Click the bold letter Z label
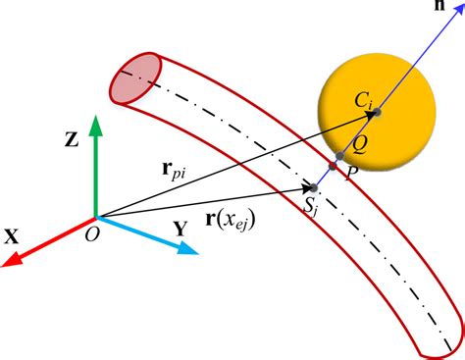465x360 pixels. click(x=72, y=140)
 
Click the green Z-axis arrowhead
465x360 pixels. click(x=94, y=125)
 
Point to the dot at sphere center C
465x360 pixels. click(x=378, y=114)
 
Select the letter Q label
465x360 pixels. click(x=362, y=143)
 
